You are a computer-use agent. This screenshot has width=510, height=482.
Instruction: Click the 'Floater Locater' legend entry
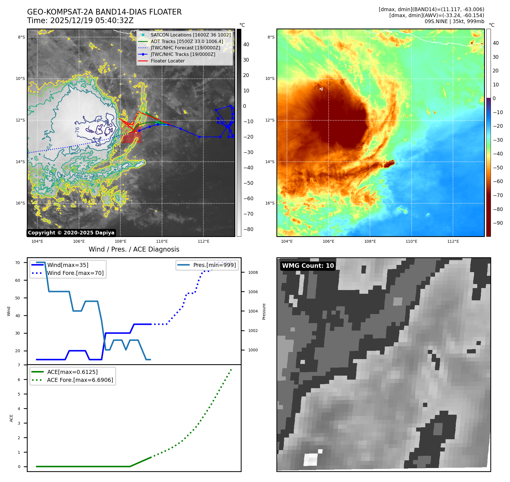click(x=161, y=61)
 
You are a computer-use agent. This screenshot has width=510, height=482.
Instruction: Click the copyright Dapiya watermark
click(x=71, y=233)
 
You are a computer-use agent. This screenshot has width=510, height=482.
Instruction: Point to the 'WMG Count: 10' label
click(x=308, y=266)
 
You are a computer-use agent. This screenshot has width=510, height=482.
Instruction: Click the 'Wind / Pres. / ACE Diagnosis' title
click(x=134, y=249)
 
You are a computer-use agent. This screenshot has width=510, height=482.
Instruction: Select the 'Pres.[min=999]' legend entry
click(x=207, y=265)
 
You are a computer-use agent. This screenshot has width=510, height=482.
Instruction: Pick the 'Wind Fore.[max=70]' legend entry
click(x=68, y=273)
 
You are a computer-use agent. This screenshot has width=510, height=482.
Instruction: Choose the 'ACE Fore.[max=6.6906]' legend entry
click(x=72, y=380)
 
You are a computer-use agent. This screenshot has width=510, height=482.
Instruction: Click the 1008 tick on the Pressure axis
click(x=253, y=272)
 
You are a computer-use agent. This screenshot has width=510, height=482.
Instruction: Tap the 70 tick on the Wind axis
click(x=18, y=263)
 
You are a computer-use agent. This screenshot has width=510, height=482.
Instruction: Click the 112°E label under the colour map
click(x=453, y=241)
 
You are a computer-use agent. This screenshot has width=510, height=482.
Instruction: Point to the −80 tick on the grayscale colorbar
click(x=248, y=229)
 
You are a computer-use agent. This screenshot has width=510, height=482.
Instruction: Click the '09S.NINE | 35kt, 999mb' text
click(x=454, y=21)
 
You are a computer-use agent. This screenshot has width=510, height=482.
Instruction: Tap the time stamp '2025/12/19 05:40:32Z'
click(x=92, y=21)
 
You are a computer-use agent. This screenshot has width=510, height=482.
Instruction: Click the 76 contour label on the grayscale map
click(x=77, y=130)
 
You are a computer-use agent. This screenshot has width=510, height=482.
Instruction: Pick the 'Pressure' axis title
click(x=264, y=311)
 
